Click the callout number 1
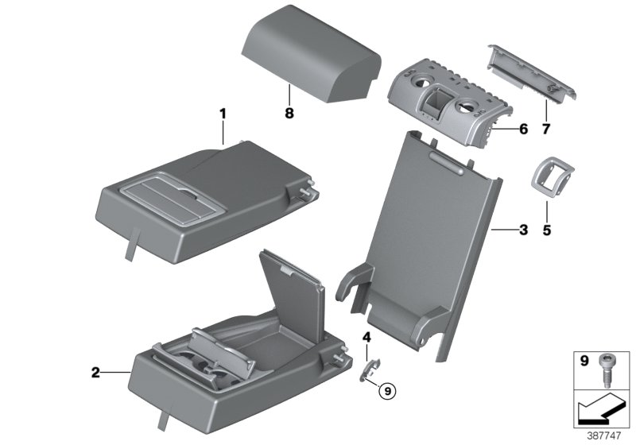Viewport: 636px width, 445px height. (223, 114)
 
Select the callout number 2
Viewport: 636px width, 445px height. (95, 371)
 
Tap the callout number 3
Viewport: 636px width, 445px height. (522, 230)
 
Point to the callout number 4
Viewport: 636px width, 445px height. (366, 337)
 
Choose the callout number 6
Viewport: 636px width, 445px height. (522, 128)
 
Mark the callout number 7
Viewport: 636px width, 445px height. (545, 127)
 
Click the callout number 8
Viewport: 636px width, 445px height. (289, 114)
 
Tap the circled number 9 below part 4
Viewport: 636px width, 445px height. (386, 390)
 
